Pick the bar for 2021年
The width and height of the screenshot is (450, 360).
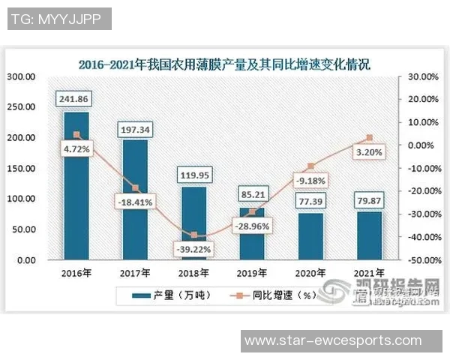368,235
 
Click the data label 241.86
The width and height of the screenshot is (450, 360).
76,99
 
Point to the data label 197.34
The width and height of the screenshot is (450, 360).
135,130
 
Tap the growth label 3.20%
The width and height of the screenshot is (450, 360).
368,152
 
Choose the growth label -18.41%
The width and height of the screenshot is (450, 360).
135,202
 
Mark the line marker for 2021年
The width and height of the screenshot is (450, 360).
368,138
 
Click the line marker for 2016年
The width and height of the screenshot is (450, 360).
76,135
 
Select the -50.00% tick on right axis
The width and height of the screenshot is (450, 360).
421,260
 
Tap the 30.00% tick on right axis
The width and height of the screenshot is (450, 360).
421,76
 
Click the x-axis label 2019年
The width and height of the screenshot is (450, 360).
252,273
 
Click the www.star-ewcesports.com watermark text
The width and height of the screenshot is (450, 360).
334,340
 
